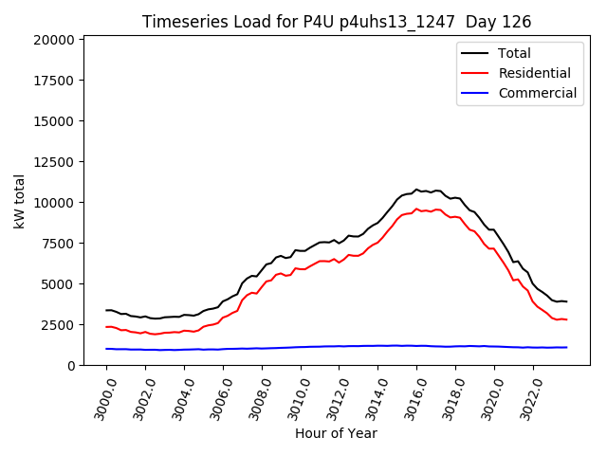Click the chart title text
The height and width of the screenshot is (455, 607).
[337, 22]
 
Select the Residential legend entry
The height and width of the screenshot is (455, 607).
[534, 73]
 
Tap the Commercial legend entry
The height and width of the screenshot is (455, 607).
[537, 93]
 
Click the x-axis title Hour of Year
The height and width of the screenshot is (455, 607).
[336, 434]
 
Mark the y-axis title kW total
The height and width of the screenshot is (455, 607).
[19, 201]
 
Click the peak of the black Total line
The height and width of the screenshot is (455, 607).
[416, 190]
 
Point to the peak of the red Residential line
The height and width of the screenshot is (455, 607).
[416, 209]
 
